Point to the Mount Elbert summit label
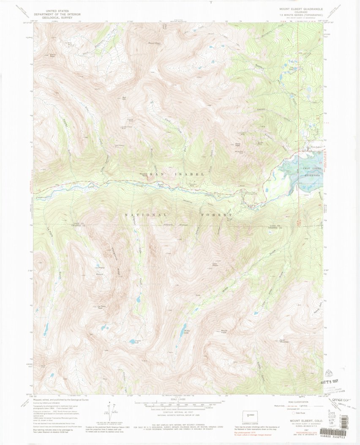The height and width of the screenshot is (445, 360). coord(154,43)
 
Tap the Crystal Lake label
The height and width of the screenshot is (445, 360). coord(134,341)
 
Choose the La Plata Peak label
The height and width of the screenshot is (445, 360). coord(101,306)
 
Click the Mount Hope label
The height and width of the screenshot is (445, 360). coord(224,331)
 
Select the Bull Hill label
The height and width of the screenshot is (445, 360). coord(124,98)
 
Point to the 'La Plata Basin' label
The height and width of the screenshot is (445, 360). coord(99,270)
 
